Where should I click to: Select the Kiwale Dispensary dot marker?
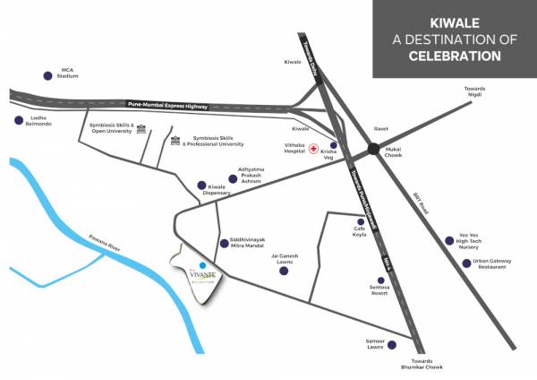201,186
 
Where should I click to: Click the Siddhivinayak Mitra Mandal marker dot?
223,243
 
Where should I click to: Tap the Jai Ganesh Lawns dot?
283,268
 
